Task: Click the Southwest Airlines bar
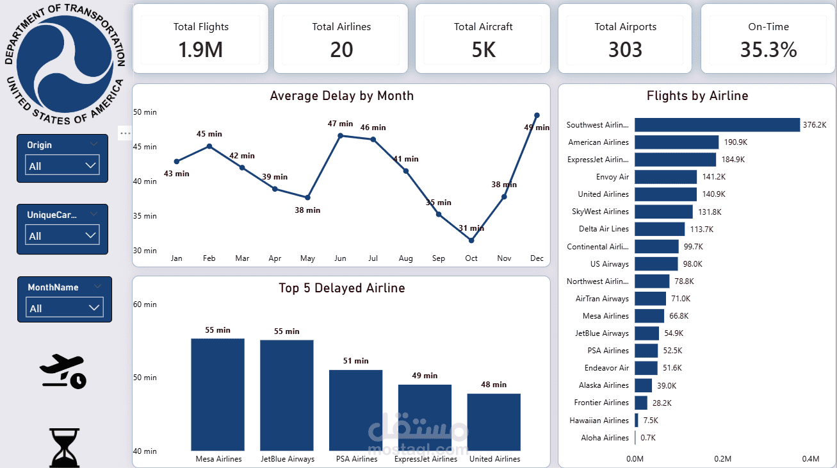[x=717, y=125]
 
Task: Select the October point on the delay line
[x=471, y=240]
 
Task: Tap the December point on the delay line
[x=537, y=115]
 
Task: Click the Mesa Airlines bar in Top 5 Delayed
[x=218, y=395]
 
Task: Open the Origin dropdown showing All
[x=63, y=165]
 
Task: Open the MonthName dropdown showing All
[x=65, y=308]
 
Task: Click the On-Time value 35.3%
[x=768, y=50]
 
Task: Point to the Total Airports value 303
[x=625, y=50]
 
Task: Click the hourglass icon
[x=65, y=447]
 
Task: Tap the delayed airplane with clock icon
[x=62, y=371]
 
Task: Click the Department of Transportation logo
[x=64, y=64]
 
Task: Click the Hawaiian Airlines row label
[x=599, y=421]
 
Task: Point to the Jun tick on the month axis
[x=340, y=258]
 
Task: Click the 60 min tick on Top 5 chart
[x=145, y=305]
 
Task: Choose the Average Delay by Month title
[x=342, y=96]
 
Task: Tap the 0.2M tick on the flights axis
[x=722, y=458]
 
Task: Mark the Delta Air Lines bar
[x=660, y=229]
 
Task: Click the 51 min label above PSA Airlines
[x=356, y=361]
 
